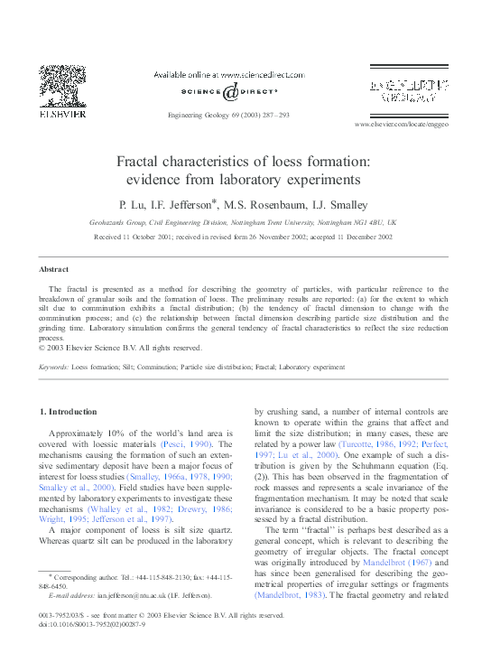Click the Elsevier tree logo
[61, 90]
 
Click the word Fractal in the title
[142, 162]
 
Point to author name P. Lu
[133, 204]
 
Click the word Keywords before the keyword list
[54, 368]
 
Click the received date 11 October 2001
[151, 236]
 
